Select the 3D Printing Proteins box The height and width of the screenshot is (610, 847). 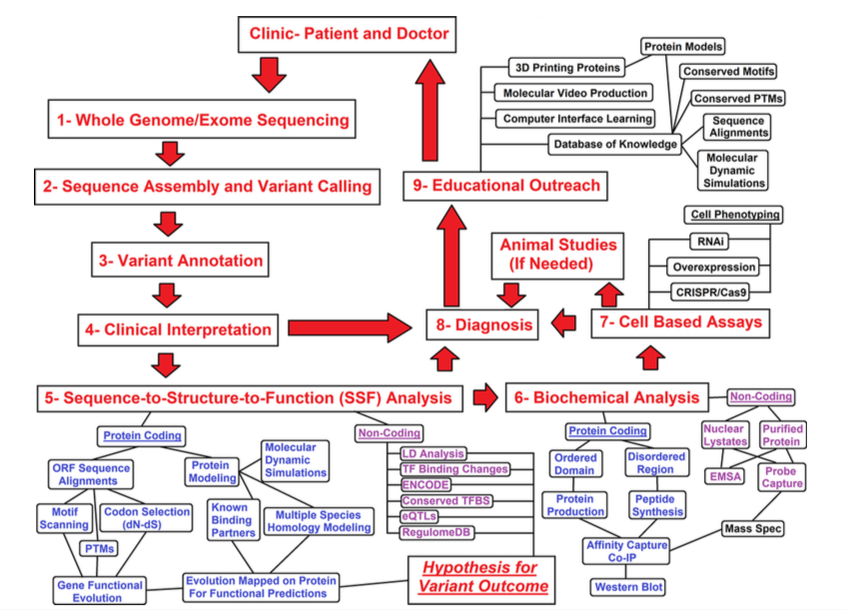(x=566, y=68)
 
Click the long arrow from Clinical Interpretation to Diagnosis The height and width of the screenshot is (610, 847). (x=350, y=325)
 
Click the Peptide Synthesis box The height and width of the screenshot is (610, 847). (x=657, y=504)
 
